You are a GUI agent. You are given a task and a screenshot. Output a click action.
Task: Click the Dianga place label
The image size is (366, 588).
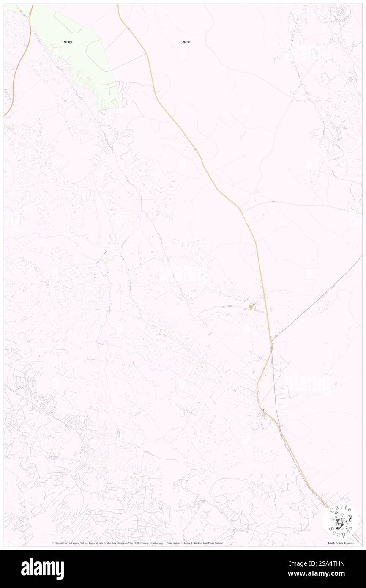click(67, 42)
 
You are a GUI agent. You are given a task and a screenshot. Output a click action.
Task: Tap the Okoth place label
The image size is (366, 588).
click(186, 42)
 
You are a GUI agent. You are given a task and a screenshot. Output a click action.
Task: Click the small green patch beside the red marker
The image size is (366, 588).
click(251, 308)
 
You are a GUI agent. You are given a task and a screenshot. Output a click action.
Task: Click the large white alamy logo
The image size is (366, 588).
click(42, 569)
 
